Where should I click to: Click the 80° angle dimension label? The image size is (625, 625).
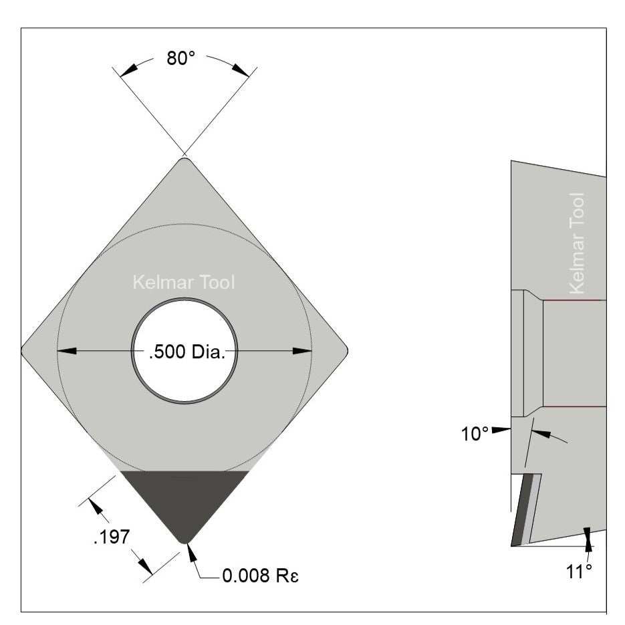[180, 58]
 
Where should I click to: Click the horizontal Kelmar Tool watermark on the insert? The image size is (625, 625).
[184, 283]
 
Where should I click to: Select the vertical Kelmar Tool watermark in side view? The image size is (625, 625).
[577, 243]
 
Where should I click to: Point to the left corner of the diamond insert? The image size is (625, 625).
[24, 350]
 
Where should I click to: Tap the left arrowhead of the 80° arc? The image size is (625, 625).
[126, 69]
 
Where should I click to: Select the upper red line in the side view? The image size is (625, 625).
[574, 300]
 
